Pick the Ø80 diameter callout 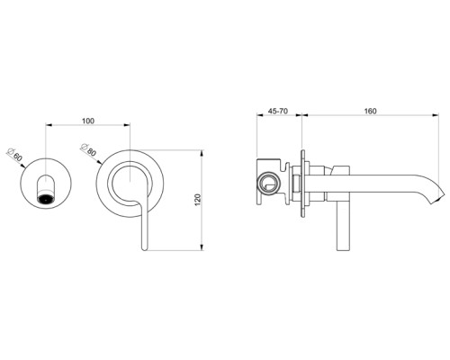(x=87, y=153)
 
